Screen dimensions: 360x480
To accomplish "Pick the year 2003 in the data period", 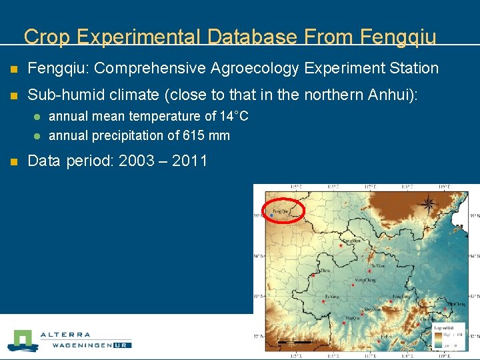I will pyautogui.click(x=136, y=161).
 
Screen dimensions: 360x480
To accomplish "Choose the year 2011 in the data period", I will pyautogui.click(x=189, y=161).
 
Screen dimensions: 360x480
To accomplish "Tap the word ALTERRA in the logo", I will pyautogui.click(x=65, y=335).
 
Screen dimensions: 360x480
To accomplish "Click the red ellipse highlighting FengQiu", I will pyautogui.click(x=283, y=210).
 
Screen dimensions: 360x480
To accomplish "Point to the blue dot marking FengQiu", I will pyautogui.click(x=272, y=215).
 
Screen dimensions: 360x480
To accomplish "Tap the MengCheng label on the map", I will pyautogui.click(x=365, y=281).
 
